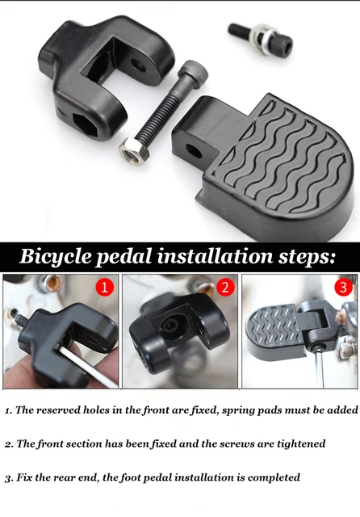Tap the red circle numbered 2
[225, 287]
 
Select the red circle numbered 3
[344, 287]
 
